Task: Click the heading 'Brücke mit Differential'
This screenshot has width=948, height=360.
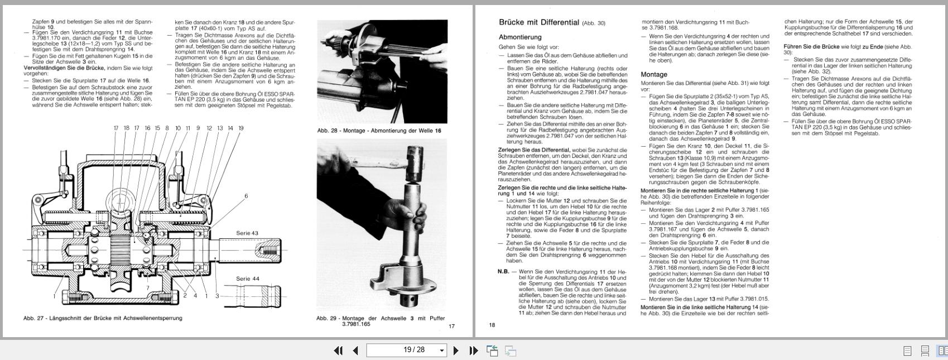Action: tap(538, 23)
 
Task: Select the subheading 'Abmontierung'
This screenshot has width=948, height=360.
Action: tap(520, 37)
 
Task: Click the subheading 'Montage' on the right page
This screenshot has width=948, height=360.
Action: tap(653, 74)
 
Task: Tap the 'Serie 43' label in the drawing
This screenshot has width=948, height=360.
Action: tap(247, 233)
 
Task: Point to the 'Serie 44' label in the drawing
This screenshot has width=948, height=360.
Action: tap(247, 279)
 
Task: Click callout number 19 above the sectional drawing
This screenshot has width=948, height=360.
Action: tap(241, 128)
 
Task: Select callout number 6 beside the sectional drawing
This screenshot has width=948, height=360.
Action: tap(246, 196)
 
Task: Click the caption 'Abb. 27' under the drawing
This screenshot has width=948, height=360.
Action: tap(102, 318)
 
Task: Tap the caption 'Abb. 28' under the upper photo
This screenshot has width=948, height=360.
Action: tap(379, 131)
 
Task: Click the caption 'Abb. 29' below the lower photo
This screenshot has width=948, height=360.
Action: tap(380, 320)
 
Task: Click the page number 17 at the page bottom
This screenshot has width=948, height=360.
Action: tap(452, 326)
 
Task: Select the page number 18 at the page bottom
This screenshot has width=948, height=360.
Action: tap(492, 325)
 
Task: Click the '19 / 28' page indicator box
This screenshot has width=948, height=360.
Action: tap(406, 350)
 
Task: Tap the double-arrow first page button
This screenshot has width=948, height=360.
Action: tap(338, 351)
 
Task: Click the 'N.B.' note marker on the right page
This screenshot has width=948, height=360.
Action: tap(503, 272)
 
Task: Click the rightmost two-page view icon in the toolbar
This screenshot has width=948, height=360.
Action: tap(942, 351)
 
